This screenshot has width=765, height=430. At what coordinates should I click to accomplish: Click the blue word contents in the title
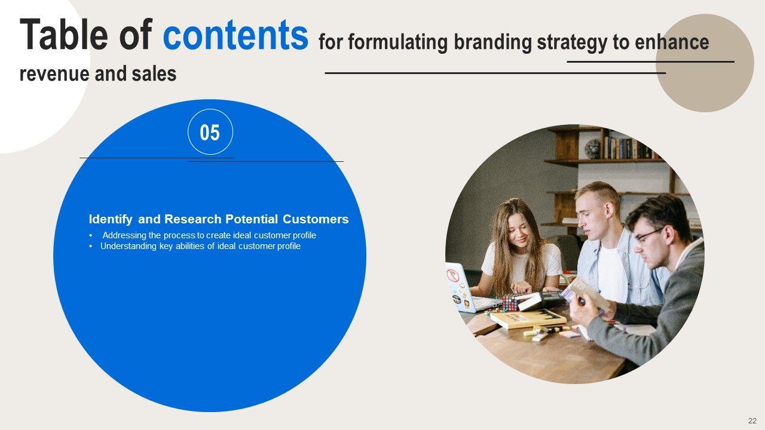[x=235, y=35]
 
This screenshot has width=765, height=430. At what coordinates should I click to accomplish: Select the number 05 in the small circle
[x=210, y=133]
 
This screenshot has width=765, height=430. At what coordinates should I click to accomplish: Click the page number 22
[x=752, y=421]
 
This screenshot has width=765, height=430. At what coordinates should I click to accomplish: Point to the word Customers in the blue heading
[x=316, y=219]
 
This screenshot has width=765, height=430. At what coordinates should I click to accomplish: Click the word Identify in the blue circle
[x=111, y=219]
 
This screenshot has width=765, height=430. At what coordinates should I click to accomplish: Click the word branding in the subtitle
[x=492, y=42]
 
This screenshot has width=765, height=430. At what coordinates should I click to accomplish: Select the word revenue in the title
[x=54, y=74]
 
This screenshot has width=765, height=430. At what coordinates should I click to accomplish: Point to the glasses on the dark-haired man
[x=649, y=235]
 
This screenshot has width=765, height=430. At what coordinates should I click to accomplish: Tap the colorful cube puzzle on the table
[x=511, y=302]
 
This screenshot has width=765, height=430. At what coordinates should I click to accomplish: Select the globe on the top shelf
[x=592, y=149]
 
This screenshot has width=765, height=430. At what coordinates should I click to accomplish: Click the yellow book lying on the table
[x=528, y=318]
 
